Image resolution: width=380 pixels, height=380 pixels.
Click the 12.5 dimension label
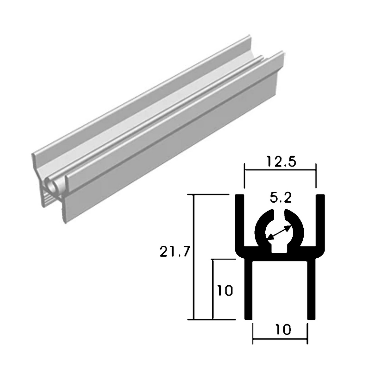(x=280, y=162)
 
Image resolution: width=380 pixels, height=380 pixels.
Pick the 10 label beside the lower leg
(x=225, y=290)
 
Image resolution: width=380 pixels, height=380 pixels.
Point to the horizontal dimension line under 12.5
(x=280, y=170)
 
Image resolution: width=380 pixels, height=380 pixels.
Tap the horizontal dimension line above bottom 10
(x=280, y=341)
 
